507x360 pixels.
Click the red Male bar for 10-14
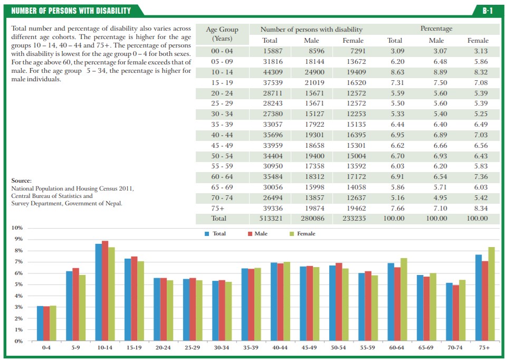[x=106, y=290]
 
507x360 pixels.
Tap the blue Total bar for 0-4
[x=40, y=323]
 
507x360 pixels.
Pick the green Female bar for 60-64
[x=404, y=299]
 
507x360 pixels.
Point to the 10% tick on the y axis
[x=17, y=228]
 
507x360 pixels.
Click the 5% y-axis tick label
[x=18, y=285]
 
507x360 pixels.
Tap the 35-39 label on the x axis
[x=251, y=348]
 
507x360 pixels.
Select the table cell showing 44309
[x=270, y=72]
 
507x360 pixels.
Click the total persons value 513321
[x=270, y=218]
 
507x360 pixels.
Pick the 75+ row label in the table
[x=218, y=207]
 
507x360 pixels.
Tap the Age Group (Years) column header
[x=222, y=34]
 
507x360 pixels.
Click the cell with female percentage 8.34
[x=477, y=207]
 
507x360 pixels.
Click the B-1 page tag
[x=487, y=10]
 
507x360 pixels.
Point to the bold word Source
[x=21, y=181]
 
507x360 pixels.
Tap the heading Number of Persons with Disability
[x=71, y=11]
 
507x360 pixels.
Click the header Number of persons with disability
[x=311, y=30]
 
